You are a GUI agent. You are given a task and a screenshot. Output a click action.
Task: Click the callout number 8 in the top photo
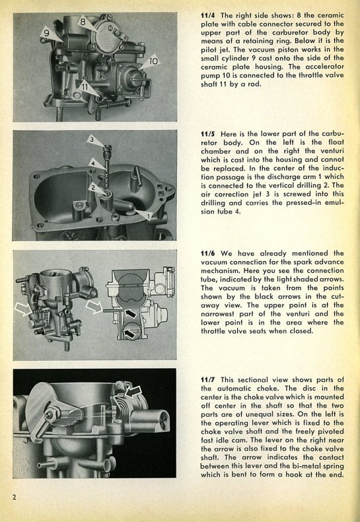(83, 22)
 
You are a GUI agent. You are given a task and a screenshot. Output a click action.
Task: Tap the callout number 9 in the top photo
(47, 33)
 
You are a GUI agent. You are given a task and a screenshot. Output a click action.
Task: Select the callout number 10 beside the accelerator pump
(153, 61)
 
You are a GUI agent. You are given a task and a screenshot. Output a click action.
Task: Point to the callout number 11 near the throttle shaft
(85, 87)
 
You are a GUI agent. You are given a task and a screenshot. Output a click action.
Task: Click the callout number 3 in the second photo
(92, 139)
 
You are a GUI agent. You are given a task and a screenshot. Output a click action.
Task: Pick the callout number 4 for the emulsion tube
(93, 163)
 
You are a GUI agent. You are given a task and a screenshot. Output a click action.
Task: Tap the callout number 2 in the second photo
(93, 188)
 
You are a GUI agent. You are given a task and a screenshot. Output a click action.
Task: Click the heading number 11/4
(208, 15)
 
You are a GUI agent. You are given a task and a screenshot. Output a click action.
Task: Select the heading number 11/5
(208, 134)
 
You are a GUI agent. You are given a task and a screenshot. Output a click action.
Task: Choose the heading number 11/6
(208, 253)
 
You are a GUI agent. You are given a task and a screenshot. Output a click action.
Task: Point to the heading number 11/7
(208, 380)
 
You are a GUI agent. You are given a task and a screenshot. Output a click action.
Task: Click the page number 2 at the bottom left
(14, 498)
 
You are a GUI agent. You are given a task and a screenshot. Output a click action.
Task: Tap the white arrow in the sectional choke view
(133, 391)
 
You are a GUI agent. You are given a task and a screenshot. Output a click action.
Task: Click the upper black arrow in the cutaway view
(131, 313)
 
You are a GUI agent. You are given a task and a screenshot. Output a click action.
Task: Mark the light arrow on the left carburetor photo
(23, 309)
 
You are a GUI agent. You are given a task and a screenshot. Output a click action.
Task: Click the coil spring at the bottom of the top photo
(117, 104)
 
